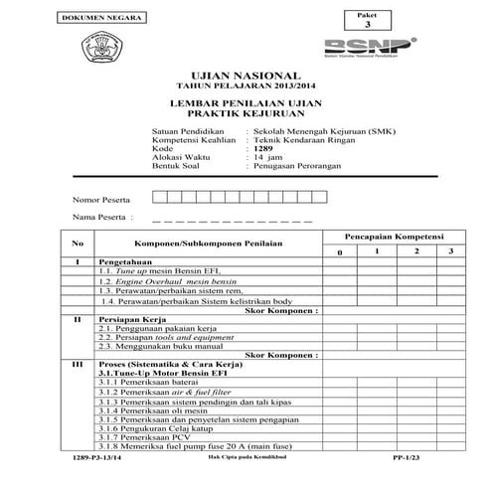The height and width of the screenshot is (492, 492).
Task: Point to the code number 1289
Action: coord(263,149)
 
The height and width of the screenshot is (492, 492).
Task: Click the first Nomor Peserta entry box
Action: coord(159,198)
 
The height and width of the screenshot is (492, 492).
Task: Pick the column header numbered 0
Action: coord(338,252)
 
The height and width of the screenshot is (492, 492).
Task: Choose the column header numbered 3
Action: coord(449,251)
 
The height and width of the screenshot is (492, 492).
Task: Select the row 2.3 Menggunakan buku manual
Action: coord(157,347)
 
